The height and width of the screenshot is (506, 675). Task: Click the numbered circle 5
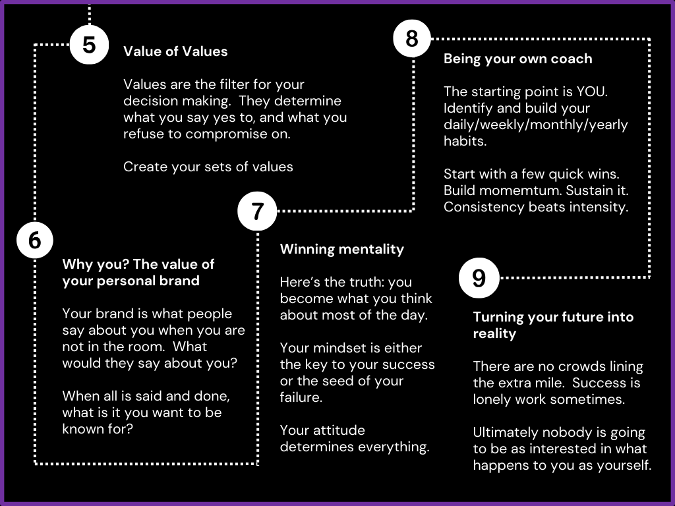tap(89, 45)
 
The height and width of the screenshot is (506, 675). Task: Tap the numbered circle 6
tap(34, 241)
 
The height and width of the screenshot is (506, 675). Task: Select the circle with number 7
tap(258, 211)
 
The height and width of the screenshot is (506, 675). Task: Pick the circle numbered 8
tap(412, 39)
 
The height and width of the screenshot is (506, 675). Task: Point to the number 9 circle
tap(479, 278)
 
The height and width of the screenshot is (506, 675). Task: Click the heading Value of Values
tap(175, 51)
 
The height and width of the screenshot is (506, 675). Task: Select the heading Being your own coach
tap(517, 59)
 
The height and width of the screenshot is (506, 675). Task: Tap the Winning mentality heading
tap(341, 249)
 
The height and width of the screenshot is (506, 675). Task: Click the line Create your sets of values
tap(208, 166)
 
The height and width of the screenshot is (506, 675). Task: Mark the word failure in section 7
tap(301, 397)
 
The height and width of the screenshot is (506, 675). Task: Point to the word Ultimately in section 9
tap(505, 433)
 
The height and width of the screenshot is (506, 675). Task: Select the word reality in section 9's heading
tap(494, 333)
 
